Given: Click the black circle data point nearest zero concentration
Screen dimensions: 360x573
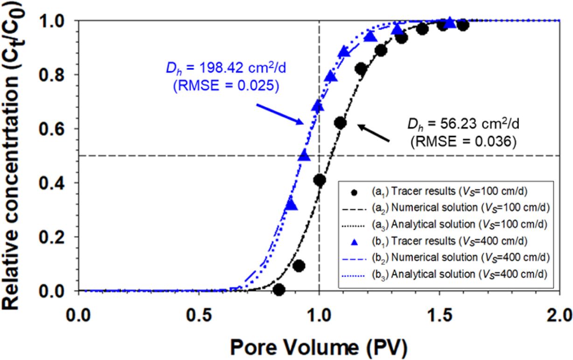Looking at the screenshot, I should pyautogui.click(x=279, y=290).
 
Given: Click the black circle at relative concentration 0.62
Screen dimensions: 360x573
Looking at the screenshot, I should pyautogui.click(x=340, y=123).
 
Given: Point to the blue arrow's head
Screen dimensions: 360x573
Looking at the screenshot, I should pyautogui.click(x=304, y=124).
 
